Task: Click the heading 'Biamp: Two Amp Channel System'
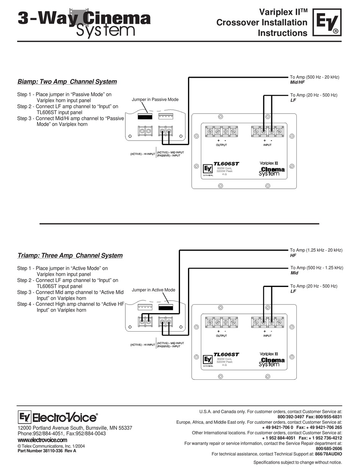[67, 81]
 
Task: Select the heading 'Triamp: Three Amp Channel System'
[70, 255]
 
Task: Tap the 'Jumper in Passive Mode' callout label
[155, 99]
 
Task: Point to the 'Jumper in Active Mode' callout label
[153, 290]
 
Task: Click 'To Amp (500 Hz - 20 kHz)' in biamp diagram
[315, 77]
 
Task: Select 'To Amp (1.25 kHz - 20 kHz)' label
[316, 250]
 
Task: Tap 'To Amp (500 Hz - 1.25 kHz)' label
[316, 268]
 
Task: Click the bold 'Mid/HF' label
[297, 82]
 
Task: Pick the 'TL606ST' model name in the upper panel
[226, 164]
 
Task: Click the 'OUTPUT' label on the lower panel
[221, 336]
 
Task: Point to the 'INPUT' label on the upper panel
[268, 145]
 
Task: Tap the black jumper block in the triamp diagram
[166, 307]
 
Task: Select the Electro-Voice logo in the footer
[58, 417]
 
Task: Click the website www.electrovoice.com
[42, 440]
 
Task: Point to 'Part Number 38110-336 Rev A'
[47, 451]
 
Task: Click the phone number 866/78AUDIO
[329, 454]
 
